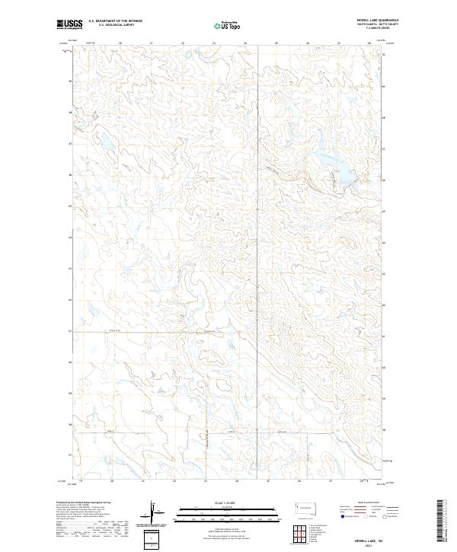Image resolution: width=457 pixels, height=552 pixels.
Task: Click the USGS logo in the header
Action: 70,25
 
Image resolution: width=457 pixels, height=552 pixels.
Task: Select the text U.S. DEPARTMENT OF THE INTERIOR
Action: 115,21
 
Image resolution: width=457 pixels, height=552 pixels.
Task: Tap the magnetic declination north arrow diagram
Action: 155,512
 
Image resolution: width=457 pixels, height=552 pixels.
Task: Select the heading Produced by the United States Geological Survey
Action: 91,503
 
